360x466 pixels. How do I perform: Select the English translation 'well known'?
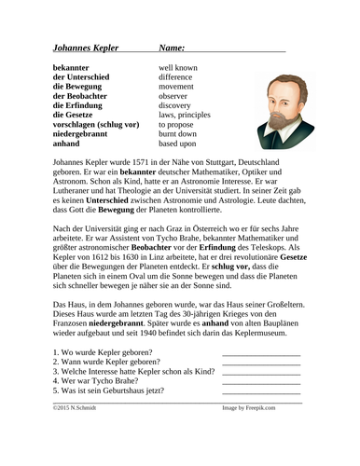click(177, 69)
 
